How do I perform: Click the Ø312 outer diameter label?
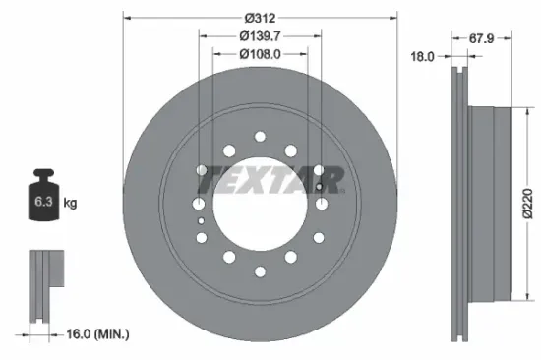260,19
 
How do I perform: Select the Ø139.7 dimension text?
260,36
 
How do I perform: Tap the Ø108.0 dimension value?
260,54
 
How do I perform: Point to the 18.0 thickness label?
422,57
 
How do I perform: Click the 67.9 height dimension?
481,39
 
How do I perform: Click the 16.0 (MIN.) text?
94,335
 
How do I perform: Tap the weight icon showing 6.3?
45,199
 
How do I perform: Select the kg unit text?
71,204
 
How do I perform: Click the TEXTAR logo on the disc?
270,179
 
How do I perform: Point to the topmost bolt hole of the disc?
260,137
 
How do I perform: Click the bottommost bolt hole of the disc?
260,271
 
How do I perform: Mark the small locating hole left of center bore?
203,222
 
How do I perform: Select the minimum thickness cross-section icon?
43,285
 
